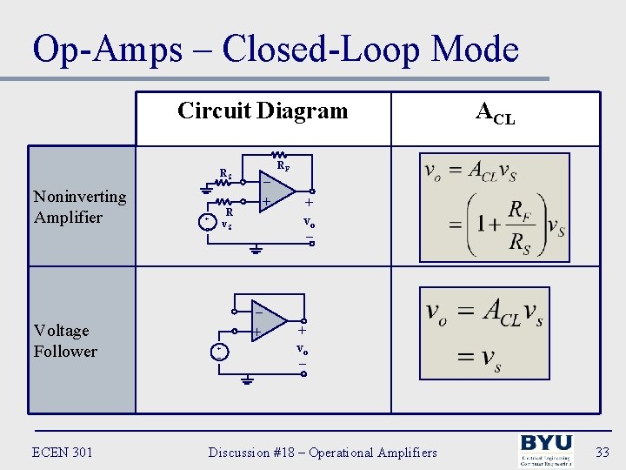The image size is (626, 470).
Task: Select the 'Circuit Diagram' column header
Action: coord(262,111)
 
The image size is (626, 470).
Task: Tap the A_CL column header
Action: coord(495,112)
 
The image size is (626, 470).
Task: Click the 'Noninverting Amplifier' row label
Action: coord(80,207)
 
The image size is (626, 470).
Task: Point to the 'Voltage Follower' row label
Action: coord(65,341)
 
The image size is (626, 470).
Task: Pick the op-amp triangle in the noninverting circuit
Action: coord(276,191)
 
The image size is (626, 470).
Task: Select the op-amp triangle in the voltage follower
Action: coord(268,320)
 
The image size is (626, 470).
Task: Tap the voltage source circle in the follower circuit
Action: coord(219,351)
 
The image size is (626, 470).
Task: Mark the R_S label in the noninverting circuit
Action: coord(225,174)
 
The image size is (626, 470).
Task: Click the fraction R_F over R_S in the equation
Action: coord(519,224)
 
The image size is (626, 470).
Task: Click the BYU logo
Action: coord(545,452)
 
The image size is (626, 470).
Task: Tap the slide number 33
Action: coord(603,452)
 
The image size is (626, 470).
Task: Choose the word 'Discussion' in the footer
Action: coord(240,452)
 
